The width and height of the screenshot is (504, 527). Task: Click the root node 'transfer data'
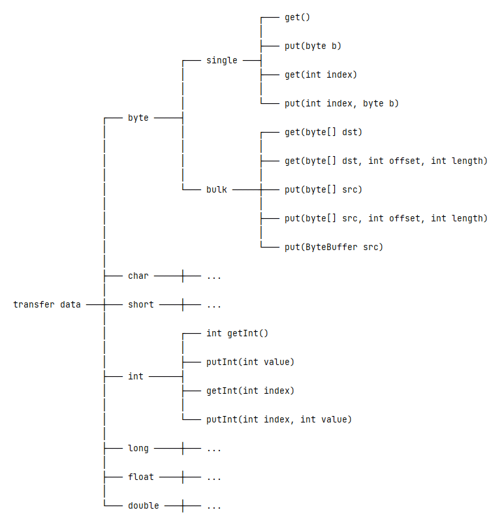[x=47, y=304]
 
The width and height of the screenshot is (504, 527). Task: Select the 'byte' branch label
[x=138, y=118]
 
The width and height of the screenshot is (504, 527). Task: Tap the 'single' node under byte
[x=222, y=60]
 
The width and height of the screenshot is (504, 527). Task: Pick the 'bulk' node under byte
[x=217, y=190]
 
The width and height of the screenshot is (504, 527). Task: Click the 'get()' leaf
[x=298, y=17]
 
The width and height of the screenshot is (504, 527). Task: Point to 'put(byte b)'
[x=313, y=46]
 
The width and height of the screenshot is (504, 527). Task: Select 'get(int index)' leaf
[x=321, y=74]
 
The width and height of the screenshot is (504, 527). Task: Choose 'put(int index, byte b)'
[x=341, y=103]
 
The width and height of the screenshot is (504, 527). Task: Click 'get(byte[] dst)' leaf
[x=323, y=133]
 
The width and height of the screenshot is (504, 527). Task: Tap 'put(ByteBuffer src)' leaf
[x=334, y=247]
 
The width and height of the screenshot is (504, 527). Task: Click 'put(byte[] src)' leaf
[x=323, y=190]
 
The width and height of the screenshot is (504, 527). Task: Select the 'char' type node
[x=138, y=276]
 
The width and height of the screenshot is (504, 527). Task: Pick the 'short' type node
[x=141, y=304]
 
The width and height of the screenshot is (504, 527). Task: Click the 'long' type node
[x=138, y=449]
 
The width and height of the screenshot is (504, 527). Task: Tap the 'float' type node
[x=141, y=477]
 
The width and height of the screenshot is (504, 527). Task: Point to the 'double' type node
[x=144, y=506]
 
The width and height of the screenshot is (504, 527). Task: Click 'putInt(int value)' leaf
[x=250, y=362]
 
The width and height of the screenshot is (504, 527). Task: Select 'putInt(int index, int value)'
[x=279, y=419]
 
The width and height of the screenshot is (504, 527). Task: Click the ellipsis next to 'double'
[x=214, y=507]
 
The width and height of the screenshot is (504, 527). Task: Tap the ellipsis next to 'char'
[x=214, y=277]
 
